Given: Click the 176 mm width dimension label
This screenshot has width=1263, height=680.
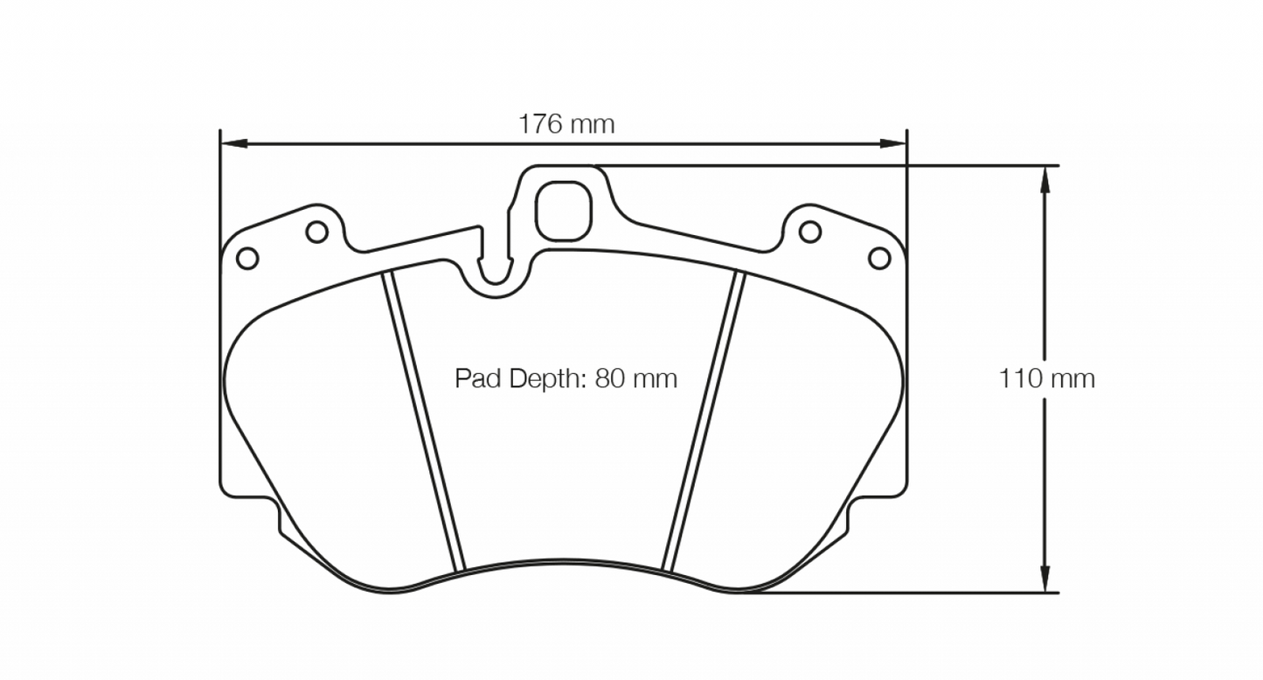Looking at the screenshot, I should pyautogui.click(x=566, y=124).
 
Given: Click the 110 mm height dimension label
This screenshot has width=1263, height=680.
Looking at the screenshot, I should pyautogui.click(x=1046, y=378).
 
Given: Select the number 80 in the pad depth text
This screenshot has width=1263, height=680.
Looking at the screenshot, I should pyautogui.click(x=608, y=378).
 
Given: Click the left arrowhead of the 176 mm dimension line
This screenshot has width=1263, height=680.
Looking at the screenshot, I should pyautogui.click(x=230, y=142).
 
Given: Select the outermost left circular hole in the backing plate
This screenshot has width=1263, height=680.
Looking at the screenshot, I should pyautogui.click(x=247, y=258).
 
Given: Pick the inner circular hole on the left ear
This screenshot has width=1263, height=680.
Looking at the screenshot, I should pyautogui.click(x=316, y=232).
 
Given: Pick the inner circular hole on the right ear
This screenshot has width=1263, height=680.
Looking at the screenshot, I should pyautogui.click(x=810, y=232).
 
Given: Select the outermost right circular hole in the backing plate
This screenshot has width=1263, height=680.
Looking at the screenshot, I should pyautogui.click(x=878, y=258).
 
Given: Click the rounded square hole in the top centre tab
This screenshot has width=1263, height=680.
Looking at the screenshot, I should pyautogui.click(x=563, y=210).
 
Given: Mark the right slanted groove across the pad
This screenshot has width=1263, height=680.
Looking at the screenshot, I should pyautogui.click(x=704, y=420).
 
